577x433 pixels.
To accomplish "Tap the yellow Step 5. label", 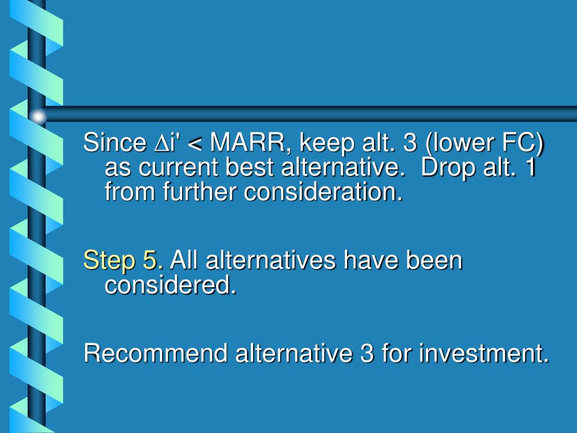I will tap(123, 261).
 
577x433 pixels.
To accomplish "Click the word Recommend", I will tap(156, 354).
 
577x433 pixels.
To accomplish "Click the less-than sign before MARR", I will tap(195, 145).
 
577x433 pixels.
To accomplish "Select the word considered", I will tap(170, 286).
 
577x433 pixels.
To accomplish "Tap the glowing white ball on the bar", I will tap(38, 117).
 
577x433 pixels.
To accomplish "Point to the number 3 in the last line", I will tap(364, 354).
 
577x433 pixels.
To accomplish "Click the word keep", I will tap(323, 144).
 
